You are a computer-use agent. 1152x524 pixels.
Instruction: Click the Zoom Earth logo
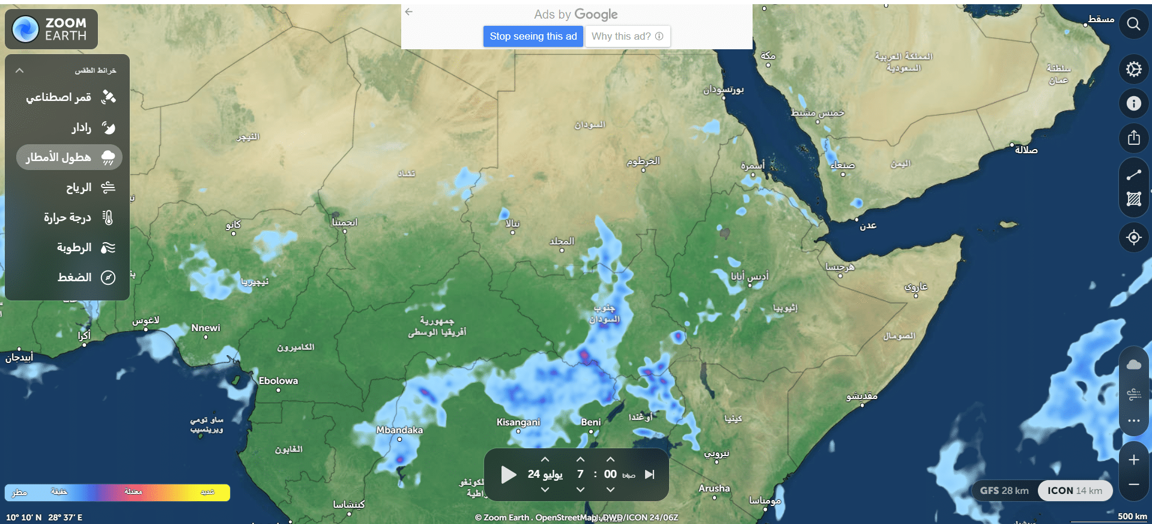[51, 29]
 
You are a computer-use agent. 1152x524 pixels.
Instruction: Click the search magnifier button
[1133, 24]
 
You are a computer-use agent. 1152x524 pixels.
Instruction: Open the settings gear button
[1133, 69]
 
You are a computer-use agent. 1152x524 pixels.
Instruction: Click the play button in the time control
[508, 475]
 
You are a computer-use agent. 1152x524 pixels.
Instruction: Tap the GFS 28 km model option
[1004, 490]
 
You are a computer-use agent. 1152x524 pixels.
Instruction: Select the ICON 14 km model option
[1075, 490]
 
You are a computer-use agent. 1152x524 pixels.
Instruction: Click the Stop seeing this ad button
[533, 36]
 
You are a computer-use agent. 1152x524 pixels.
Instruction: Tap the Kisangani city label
[518, 422]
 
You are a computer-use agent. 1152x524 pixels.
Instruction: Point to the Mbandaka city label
[399, 430]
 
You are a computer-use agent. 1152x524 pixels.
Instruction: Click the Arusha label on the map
[714, 489]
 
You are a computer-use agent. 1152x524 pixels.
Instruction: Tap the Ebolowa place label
[278, 381]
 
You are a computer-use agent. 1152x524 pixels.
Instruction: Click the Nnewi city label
[205, 328]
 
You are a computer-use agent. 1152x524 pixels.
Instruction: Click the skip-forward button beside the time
[649, 475]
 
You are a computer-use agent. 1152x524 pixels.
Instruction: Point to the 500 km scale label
[1132, 516]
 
